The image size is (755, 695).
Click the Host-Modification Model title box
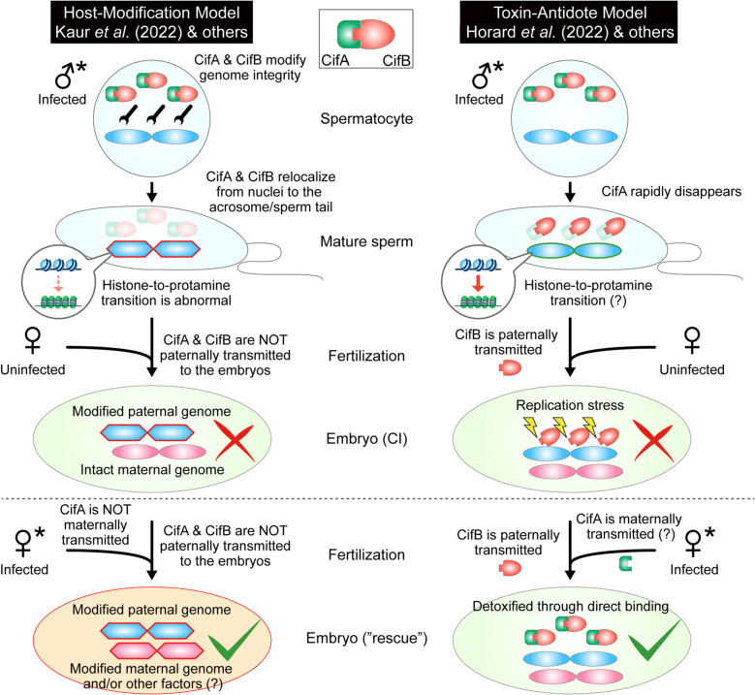tap(151, 22)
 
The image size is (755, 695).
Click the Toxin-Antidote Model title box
tap(569, 22)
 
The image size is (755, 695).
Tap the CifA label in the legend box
tap(335, 61)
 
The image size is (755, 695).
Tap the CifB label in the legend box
tap(396, 61)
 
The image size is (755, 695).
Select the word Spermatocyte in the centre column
tap(366, 118)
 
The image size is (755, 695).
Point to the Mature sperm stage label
tap(366, 241)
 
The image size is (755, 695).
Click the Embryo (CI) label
tap(367, 439)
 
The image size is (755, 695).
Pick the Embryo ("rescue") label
tap(367, 638)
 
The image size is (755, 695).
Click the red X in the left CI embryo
tap(235, 440)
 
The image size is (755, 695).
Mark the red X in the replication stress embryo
tap(653, 440)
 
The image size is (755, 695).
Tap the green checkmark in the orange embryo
tap(234, 641)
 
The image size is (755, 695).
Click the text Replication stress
tap(570, 405)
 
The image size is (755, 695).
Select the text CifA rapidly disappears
tap(672, 191)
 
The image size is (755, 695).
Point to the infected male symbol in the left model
tap(71, 75)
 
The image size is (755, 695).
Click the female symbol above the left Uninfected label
tap(32, 340)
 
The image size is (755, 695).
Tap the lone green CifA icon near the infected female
tap(625, 563)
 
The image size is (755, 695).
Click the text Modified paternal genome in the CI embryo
tap(151, 411)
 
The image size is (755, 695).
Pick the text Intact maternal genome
tap(152, 469)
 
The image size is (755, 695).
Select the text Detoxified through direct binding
tap(571, 606)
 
